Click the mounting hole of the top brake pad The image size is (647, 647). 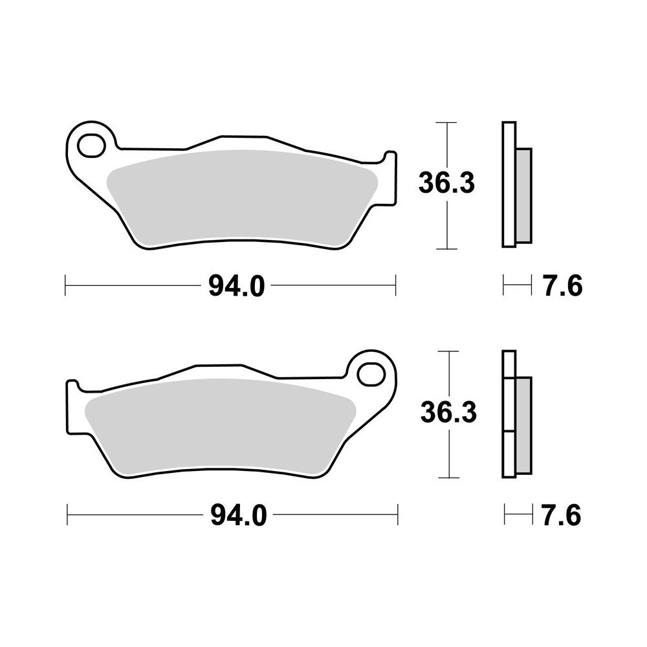91,145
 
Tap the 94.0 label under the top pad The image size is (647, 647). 236,286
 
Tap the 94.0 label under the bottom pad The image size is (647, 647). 238,516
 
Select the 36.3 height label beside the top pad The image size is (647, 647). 446,184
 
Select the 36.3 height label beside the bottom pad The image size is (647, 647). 448,413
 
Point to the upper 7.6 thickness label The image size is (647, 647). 563,285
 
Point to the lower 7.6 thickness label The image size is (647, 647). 561,516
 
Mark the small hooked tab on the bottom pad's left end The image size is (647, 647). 72,387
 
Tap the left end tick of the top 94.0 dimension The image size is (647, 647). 66,285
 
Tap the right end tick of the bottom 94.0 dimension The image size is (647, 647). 397,515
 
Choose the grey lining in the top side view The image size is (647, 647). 523,195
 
